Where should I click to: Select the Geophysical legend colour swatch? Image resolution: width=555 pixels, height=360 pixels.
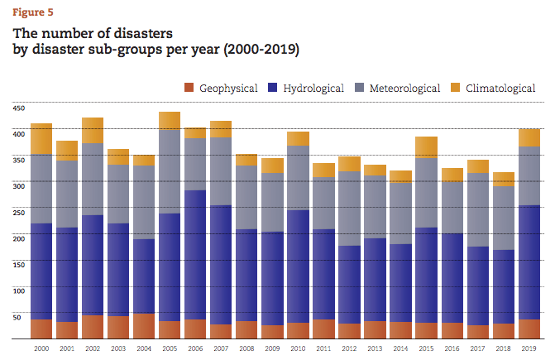[x=189, y=88]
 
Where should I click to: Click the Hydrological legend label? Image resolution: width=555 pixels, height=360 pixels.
[x=313, y=88]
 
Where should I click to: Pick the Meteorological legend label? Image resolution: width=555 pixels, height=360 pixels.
[x=404, y=88]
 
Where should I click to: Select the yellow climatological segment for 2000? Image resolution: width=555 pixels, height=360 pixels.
[x=41, y=139]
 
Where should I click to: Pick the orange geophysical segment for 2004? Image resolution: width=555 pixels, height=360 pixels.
[x=144, y=326]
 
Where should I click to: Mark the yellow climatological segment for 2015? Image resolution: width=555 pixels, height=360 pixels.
[x=426, y=147]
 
